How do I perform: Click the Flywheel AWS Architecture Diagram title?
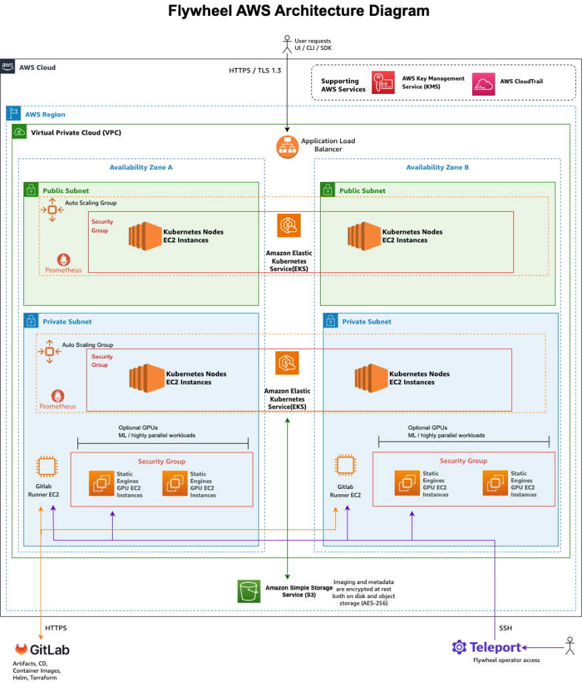pyautogui.click(x=290, y=11)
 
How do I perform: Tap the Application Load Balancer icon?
pyautogui.click(x=287, y=146)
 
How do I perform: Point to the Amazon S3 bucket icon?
pyautogui.click(x=249, y=591)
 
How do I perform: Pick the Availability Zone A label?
pyautogui.click(x=141, y=167)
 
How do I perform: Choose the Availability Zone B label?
pyautogui.click(x=437, y=167)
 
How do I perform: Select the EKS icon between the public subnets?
pyautogui.click(x=289, y=226)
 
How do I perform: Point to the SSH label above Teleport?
pyautogui.click(x=505, y=628)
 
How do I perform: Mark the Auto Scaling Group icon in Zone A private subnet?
pyautogui.click(x=49, y=351)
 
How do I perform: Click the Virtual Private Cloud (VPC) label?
pyautogui.click(x=76, y=133)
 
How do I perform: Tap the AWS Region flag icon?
pyautogui.click(x=14, y=114)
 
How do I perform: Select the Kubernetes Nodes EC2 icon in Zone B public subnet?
pyautogui.click(x=363, y=236)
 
